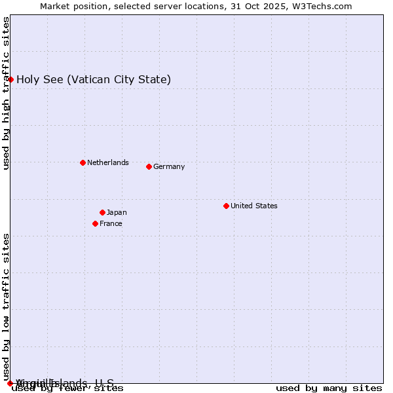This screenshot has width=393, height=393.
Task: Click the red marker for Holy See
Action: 10,79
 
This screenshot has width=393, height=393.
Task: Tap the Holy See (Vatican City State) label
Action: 94,80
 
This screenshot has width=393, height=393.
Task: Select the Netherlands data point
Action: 83,162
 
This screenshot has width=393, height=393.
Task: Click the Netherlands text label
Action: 108,162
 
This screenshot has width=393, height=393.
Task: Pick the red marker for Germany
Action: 149,166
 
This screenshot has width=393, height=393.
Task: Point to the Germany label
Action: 169,166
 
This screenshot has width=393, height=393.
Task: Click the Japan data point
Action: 102,212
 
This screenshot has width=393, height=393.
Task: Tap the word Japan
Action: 117,212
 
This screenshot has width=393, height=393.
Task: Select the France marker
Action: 95,223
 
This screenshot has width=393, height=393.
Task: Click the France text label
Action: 111,223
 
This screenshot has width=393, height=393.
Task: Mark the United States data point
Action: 226,206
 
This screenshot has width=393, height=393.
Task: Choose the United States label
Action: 254,206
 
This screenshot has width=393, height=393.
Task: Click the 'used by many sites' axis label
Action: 329,388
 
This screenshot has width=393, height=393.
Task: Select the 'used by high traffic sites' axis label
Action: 6,93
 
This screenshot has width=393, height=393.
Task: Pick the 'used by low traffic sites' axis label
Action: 6,307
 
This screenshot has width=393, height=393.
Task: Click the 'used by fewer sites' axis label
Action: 68,388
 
